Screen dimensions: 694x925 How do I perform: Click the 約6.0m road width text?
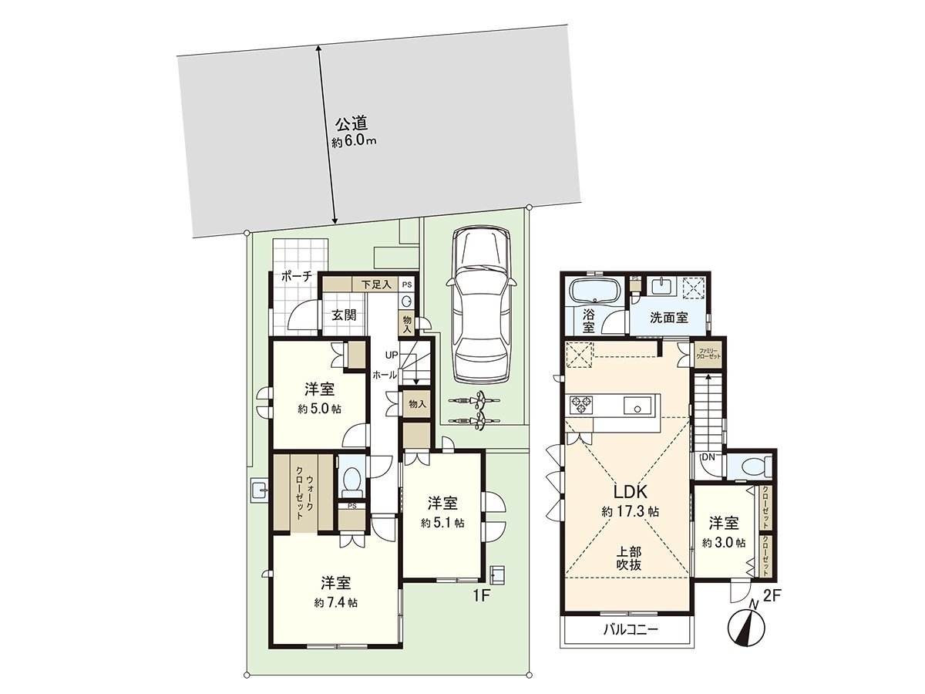click(x=354, y=142)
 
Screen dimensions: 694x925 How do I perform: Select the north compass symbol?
click(x=745, y=625)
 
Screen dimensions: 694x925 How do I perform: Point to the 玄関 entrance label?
click(x=344, y=314)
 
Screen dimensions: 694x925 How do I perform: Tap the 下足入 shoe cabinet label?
click(x=376, y=285)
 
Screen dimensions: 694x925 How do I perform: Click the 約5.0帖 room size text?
click(x=319, y=409)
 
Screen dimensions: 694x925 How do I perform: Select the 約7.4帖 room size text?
click(x=335, y=601)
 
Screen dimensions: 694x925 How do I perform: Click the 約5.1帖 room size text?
click(x=442, y=522)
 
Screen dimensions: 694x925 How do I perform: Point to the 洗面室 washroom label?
click(x=668, y=317)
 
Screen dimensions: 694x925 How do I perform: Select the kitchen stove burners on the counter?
click(x=580, y=405)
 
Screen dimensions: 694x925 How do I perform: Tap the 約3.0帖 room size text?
click(x=723, y=542)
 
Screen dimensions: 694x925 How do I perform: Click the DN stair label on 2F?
click(x=708, y=457)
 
